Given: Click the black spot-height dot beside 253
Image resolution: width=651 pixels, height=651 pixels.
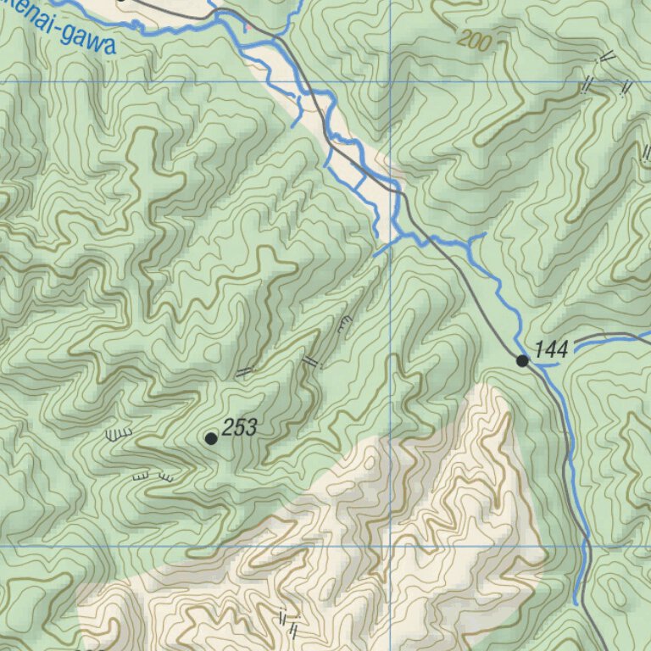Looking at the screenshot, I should [x=211, y=438].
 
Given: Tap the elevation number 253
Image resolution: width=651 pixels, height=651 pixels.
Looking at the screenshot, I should [x=240, y=429].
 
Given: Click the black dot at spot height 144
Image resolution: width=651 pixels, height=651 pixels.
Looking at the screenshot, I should [x=523, y=361].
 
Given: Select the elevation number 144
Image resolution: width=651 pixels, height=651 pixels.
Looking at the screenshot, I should [x=551, y=348].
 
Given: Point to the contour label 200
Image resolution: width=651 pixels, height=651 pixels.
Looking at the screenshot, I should [x=473, y=41].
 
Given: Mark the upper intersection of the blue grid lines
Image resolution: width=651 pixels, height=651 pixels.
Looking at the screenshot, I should [x=390, y=81].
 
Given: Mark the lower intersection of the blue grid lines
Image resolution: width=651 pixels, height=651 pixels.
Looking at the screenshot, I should [x=390, y=546].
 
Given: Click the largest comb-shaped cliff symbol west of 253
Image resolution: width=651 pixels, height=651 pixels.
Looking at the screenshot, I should [x=120, y=434].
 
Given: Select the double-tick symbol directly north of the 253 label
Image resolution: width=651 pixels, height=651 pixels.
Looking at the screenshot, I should [x=245, y=371].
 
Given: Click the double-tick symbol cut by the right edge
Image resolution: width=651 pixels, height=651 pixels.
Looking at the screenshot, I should [x=646, y=153].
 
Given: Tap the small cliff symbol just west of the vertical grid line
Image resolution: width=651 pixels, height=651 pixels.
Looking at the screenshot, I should [x=343, y=323].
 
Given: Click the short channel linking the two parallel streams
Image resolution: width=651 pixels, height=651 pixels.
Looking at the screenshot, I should [x=360, y=181].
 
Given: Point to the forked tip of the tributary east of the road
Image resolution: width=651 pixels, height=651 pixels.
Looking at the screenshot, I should [x=476, y=236].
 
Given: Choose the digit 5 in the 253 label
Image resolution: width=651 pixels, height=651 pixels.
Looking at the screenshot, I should [x=240, y=429].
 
